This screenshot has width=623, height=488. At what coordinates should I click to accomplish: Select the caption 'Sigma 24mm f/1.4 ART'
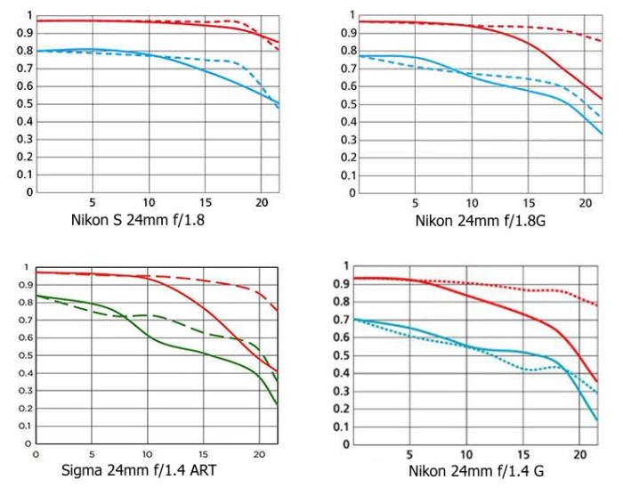134,468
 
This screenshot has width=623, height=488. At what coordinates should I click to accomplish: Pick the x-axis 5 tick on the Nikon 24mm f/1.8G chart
415,203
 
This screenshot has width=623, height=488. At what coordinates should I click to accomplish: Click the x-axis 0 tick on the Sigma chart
35,453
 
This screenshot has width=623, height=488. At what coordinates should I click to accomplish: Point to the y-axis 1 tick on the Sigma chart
27,267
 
